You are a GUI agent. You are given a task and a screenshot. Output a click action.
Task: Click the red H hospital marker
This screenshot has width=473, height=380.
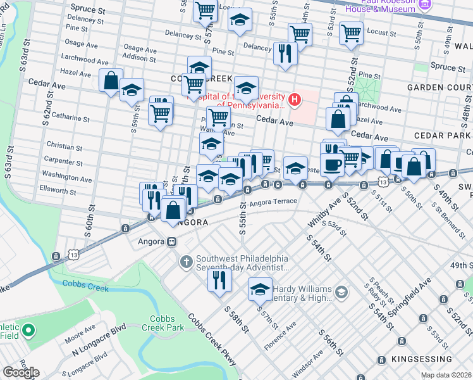294,99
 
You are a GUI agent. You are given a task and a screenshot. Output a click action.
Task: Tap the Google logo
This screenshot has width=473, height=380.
20,372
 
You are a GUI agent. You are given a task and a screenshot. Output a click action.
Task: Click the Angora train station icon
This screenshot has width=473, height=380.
171,241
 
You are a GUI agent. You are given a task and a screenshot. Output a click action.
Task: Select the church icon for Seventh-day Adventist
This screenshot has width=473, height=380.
186,261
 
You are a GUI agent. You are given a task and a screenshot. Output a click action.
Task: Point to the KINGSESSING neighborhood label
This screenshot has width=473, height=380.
437,359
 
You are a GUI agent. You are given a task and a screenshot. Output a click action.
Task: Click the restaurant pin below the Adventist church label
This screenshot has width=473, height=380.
219,279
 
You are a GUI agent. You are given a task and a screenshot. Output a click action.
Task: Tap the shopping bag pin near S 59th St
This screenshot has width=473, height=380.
111,81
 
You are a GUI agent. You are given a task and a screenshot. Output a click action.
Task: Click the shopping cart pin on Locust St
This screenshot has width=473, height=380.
351,33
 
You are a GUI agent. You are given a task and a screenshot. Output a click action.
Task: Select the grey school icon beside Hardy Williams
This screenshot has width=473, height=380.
341,291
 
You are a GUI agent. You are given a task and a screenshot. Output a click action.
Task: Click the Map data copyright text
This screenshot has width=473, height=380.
445,375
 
